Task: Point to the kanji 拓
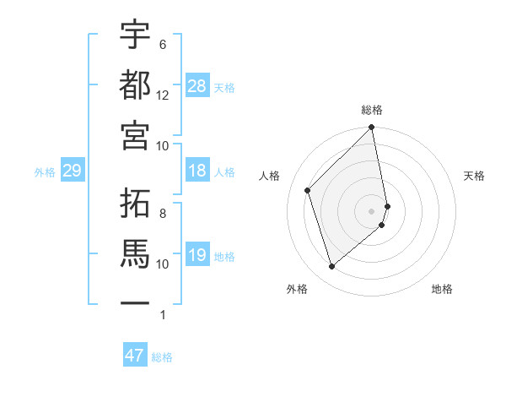coord(136,204)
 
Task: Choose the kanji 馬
coord(136,253)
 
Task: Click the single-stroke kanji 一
coord(136,302)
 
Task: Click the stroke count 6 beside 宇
coord(163,45)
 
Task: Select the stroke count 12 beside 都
coord(163,95)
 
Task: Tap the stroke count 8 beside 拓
coord(163,214)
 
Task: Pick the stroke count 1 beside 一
coord(163,315)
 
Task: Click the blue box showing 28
coord(197,86)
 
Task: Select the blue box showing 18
coord(197,171)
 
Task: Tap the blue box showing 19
coord(197,255)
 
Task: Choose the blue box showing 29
coord(72,171)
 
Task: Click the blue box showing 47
coord(135,356)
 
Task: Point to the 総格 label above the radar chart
coord(372,110)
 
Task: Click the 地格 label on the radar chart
coord(442,289)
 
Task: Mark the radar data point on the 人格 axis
coord(308,190)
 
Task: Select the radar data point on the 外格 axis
coord(332,267)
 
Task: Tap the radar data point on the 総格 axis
coord(372,128)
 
